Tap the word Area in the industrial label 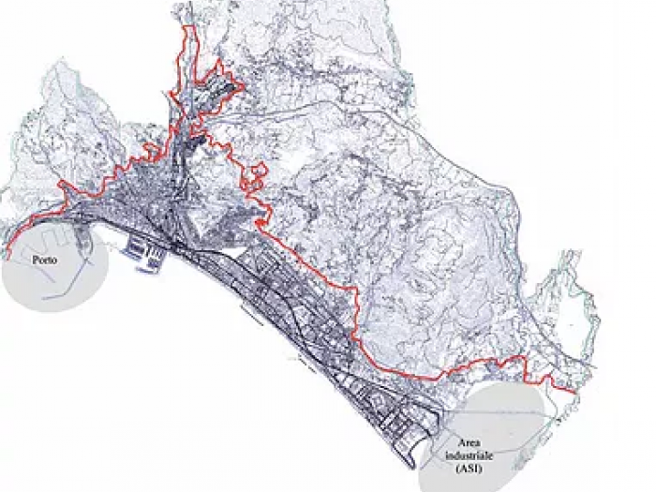click(x=474, y=441)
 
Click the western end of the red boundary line click(x=6, y=255)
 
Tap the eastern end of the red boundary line click(x=574, y=390)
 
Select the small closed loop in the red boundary click(x=255, y=171)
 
